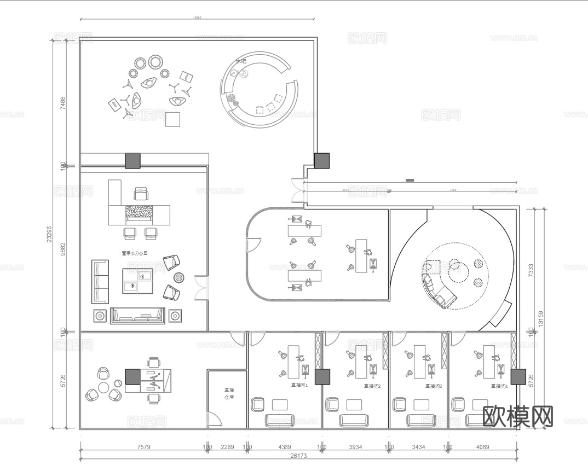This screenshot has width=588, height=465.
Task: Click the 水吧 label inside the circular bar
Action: (240, 61)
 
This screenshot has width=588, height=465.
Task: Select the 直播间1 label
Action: (299, 385)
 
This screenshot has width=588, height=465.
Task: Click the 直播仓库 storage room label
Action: (229, 394)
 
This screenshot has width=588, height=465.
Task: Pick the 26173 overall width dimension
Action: (299, 455)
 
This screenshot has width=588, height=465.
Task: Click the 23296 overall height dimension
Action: (49, 234)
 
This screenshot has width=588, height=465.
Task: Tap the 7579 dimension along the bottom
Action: (143, 447)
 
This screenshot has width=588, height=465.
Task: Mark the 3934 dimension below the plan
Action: (355, 447)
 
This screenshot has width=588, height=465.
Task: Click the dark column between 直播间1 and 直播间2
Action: (322, 376)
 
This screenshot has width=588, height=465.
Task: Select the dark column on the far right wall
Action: (518, 376)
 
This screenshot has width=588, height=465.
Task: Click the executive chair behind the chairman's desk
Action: (141, 194)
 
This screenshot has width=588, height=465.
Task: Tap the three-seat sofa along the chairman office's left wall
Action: (100, 282)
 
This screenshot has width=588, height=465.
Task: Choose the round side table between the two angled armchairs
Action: (179, 278)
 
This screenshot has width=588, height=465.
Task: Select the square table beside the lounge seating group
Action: (173, 119)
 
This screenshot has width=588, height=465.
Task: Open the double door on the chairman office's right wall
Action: (201, 288)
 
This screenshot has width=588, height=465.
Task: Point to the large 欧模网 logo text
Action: (518, 416)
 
